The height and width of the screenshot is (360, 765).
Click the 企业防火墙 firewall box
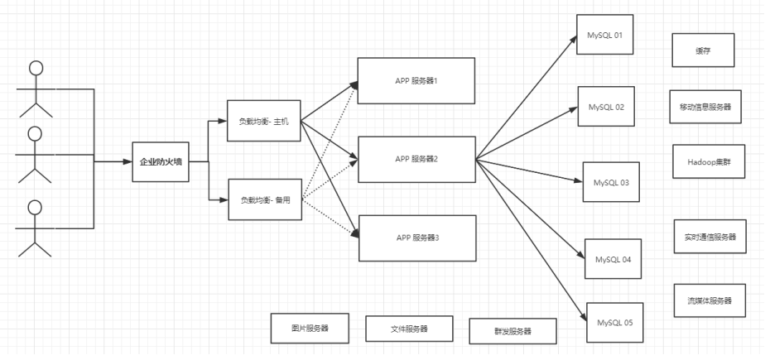click(x=161, y=162)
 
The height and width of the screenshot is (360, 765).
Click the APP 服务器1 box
click(x=416, y=80)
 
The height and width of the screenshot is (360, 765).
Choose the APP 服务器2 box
click(x=416, y=158)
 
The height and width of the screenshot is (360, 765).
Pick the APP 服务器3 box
click(x=416, y=238)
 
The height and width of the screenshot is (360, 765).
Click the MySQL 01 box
click(x=605, y=36)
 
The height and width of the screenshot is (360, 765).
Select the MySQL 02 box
click(x=606, y=108)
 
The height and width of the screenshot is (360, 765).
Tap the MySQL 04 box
click(x=613, y=260)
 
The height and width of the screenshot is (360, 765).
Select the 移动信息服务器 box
click(x=705, y=108)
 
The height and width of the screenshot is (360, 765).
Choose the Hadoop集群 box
click(x=705, y=162)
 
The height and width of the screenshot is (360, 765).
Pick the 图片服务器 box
click(x=310, y=328)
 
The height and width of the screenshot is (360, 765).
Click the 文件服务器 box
click(x=409, y=329)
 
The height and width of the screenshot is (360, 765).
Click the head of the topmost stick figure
click(x=35, y=68)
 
